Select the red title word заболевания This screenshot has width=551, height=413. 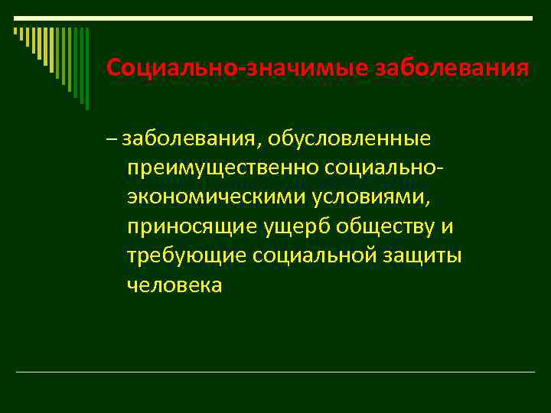click(x=452, y=68)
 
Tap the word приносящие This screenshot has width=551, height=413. click(x=194, y=226)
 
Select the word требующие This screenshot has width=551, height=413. click(x=184, y=255)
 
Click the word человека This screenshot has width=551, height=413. click(x=175, y=285)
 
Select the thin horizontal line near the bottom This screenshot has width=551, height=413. click(x=275, y=372)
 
